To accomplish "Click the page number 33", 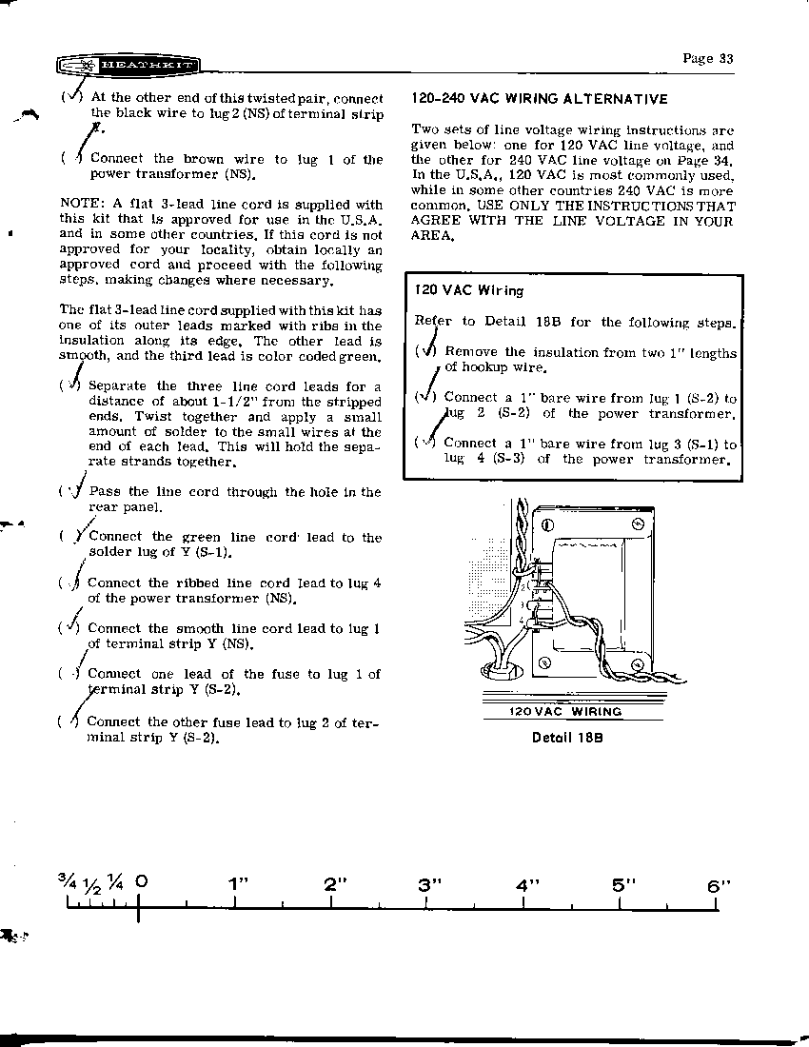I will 708,58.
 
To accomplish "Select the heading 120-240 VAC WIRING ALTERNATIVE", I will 540,99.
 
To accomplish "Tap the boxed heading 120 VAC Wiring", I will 469,290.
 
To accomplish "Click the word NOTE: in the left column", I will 81,205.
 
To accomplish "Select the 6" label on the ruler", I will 719,885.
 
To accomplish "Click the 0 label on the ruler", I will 141,882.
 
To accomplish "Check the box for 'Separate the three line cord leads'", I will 70,385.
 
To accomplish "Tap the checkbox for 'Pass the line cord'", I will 69,492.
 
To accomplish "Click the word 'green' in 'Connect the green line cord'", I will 201,538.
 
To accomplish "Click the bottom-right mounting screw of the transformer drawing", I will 636,663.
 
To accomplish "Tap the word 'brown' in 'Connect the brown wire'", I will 203,160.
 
